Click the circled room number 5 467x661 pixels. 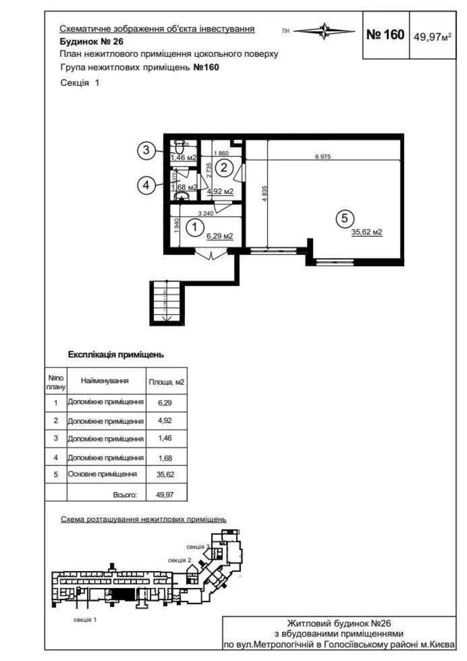pyautogui.click(x=344, y=219)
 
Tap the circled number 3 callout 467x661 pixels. pyautogui.click(x=145, y=150)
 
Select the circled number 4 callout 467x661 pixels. pyautogui.click(x=145, y=186)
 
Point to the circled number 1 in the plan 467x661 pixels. pyautogui.click(x=193, y=225)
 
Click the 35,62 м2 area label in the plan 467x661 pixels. pyautogui.click(x=366, y=232)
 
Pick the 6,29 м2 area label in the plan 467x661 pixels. pyautogui.click(x=219, y=236)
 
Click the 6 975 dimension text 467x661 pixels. pyautogui.click(x=322, y=157)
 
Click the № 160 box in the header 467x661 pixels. pyautogui.click(x=385, y=35)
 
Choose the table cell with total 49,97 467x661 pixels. pyautogui.click(x=164, y=495)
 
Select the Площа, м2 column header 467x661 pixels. pyautogui.click(x=166, y=381)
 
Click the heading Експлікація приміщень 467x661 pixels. pyautogui.click(x=116, y=355)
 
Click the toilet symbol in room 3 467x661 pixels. pyautogui.click(x=179, y=148)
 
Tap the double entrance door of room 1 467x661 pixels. pyautogui.click(x=211, y=254)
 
